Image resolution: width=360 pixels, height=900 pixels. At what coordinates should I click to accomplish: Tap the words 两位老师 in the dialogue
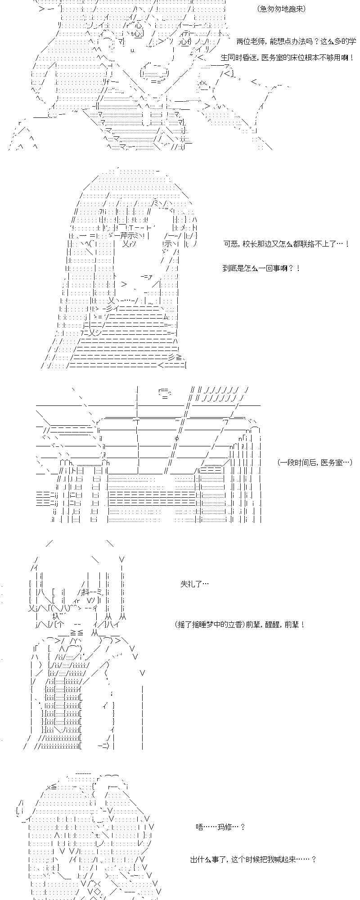(x=251, y=41)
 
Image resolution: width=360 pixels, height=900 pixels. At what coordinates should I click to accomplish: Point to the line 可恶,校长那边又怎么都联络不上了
(x=286, y=244)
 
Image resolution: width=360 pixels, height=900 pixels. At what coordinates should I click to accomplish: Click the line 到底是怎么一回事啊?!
(x=261, y=268)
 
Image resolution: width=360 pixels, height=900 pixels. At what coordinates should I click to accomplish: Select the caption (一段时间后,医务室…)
(x=315, y=462)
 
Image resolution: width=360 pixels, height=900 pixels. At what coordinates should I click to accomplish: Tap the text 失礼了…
(x=194, y=584)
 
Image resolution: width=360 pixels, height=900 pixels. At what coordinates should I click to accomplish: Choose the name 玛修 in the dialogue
(x=229, y=827)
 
